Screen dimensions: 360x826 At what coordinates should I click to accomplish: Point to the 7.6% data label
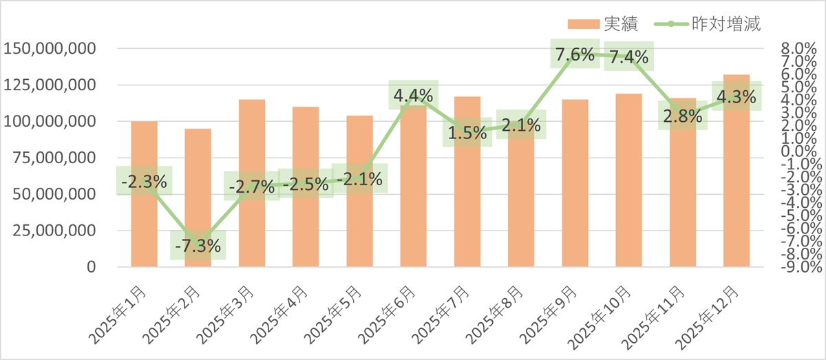575,55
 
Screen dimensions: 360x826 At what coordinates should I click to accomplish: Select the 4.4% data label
413,95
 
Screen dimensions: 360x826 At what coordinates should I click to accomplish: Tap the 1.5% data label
467,133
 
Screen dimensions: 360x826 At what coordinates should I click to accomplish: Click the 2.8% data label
682,116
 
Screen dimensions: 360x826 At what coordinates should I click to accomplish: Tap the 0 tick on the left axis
91,266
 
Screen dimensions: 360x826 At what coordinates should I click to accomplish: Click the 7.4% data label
628,58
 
